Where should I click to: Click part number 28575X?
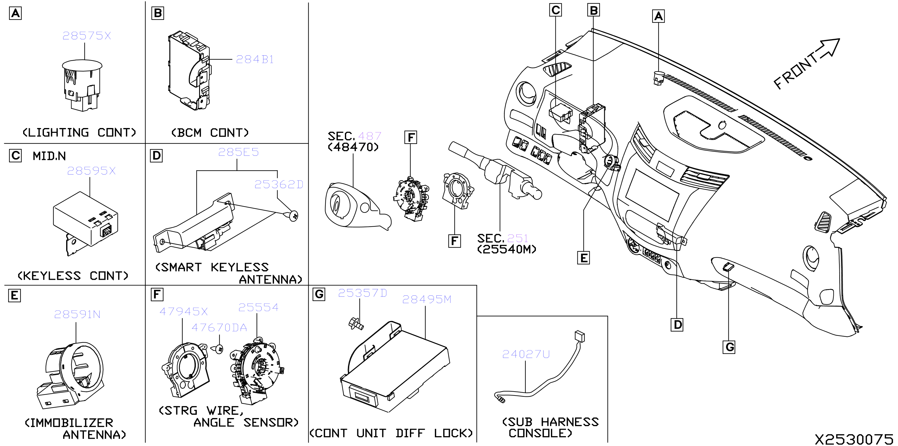[x=86, y=35]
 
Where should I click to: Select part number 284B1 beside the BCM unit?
[x=254, y=59]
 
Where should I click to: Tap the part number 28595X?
[x=91, y=171]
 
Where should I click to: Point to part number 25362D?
[x=278, y=184]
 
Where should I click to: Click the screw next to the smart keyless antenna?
[x=293, y=216]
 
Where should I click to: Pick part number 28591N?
[x=77, y=314]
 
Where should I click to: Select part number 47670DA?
[x=219, y=328]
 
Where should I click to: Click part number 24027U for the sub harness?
[x=526, y=354]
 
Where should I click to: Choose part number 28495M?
[x=426, y=299]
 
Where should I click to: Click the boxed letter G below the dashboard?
[x=729, y=347]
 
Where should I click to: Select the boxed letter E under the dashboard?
[x=583, y=258]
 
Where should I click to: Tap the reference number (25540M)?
[x=506, y=249]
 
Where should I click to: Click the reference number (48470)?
[x=353, y=147]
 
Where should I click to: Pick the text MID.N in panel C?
[x=49, y=156]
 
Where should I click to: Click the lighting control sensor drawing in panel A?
[x=82, y=85]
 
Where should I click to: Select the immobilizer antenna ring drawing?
[x=70, y=375]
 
